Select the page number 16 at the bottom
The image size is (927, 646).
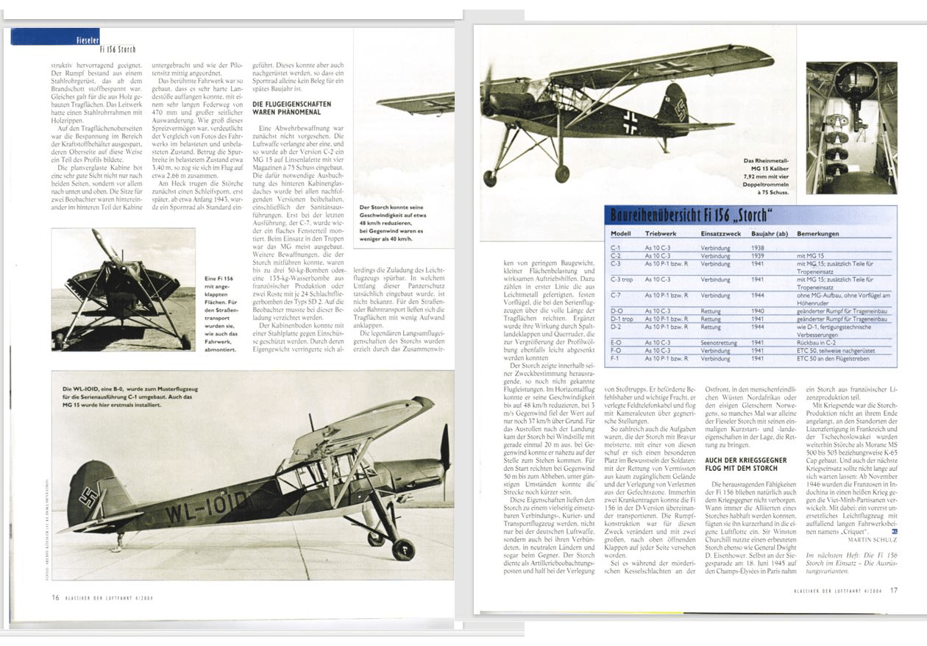tap(55, 597)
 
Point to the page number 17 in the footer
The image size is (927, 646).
tap(893, 589)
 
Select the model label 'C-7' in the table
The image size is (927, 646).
tap(617, 294)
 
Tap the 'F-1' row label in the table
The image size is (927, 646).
tap(616, 358)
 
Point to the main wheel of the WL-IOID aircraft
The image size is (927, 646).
tap(402, 549)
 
